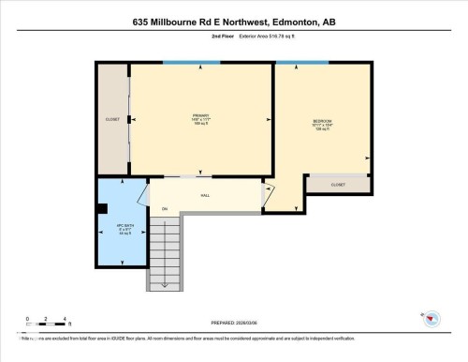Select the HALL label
tap(206, 195)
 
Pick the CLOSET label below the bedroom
tap(338, 185)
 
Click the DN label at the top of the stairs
tap(165, 208)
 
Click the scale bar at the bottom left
tap(45, 324)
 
